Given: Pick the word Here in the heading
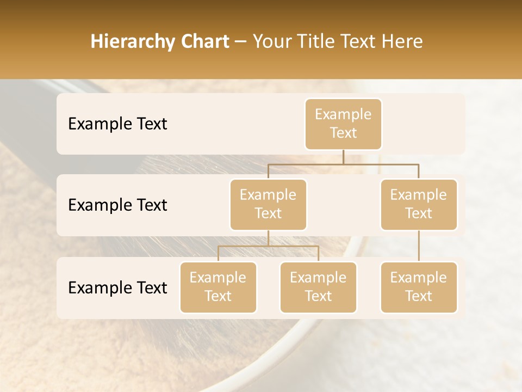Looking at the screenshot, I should click(401, 42).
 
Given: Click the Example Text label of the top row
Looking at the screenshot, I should click(117, 124).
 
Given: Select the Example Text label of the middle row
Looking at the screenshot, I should click(117, 205).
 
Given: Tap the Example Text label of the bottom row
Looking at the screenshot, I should click(117, 288).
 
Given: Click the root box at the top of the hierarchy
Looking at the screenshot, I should click(343, 124).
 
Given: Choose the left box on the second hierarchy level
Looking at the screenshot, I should click(268, 205).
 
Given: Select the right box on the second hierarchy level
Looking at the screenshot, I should click(419, 205).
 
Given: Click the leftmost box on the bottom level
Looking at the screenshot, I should click(218, 287).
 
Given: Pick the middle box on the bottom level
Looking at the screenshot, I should click(318, 287).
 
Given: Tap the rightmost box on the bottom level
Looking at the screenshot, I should click(419, 287).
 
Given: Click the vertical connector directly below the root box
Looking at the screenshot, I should click(343, 157).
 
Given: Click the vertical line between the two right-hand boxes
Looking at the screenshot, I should click(419, 246).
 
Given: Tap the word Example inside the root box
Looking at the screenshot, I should click(343, 114).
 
